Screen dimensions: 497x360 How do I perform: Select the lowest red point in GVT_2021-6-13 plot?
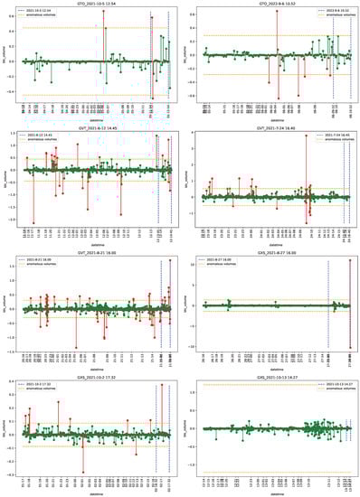pos(33,222)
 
